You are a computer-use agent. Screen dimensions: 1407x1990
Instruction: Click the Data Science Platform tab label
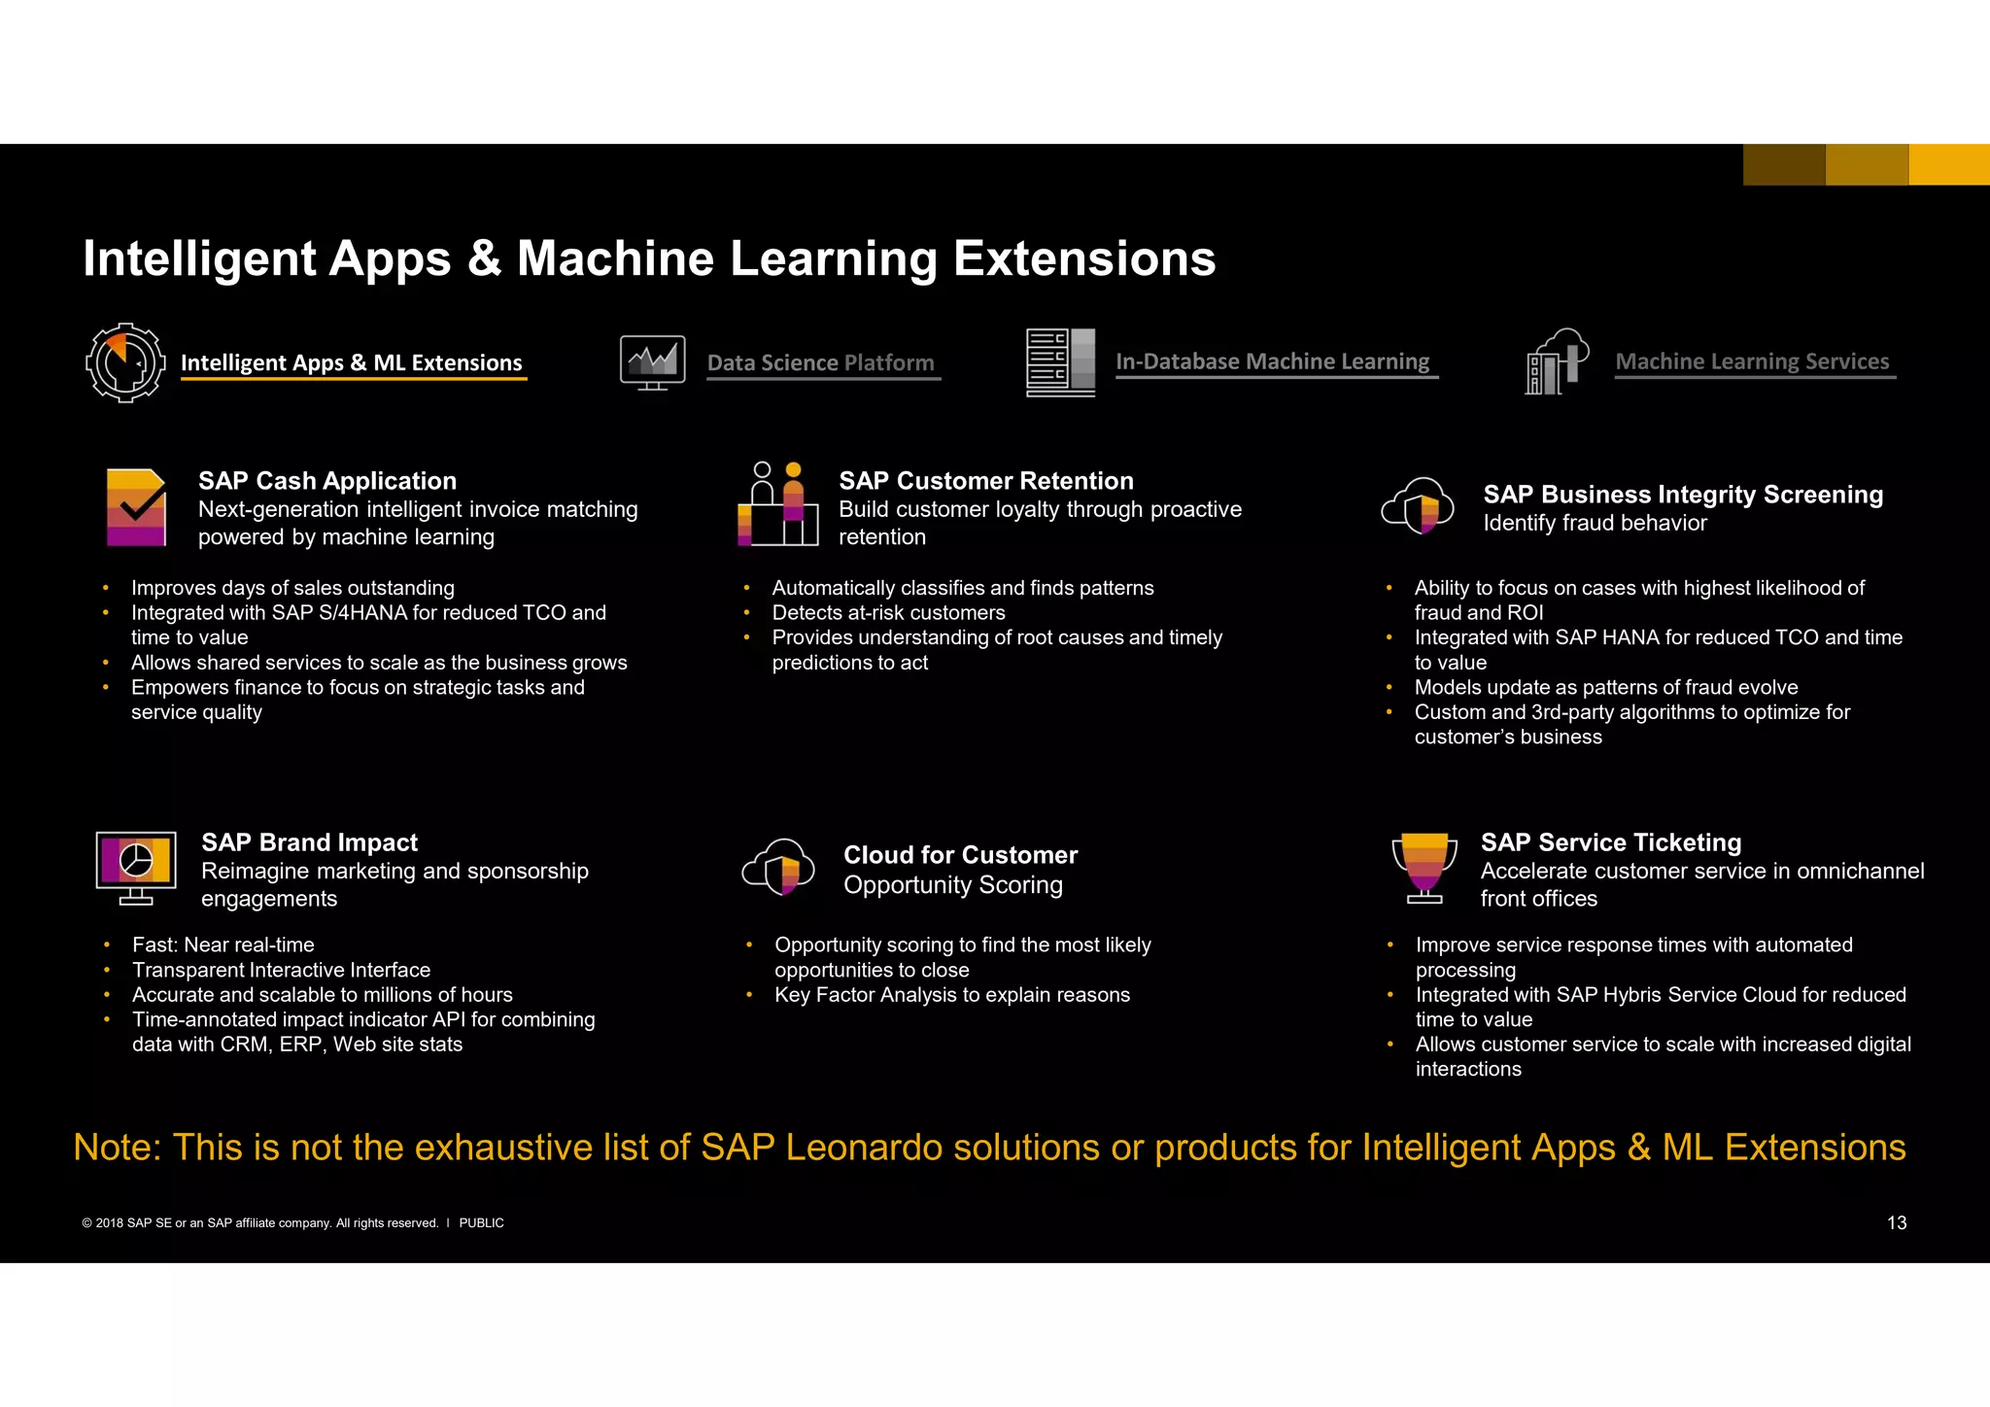(820, 362)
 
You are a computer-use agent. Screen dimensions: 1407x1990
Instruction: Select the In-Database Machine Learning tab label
(1272, 361)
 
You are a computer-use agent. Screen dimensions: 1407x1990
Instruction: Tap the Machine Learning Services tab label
(1752, 361)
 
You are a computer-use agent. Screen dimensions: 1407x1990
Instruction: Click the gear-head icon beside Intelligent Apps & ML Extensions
(125, 362)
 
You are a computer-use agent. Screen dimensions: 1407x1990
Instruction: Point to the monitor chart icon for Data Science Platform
(652, 362)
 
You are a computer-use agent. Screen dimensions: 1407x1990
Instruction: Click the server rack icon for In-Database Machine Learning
(1060, 362)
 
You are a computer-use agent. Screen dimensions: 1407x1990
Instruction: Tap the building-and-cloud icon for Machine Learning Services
(1557, 361)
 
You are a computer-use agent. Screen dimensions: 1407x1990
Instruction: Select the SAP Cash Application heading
(327, 481)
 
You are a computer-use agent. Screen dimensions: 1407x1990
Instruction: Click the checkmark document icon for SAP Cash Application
(136, 507)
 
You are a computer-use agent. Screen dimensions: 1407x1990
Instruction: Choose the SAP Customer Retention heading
(986, 481)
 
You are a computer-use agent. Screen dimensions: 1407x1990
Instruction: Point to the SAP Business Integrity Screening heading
(1683, 495)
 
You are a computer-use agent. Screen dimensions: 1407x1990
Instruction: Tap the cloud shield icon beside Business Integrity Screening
(1418, 505)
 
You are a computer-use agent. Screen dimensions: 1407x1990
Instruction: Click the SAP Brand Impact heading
(309, 842)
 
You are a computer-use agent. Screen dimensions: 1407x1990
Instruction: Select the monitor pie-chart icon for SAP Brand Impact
(136, 867)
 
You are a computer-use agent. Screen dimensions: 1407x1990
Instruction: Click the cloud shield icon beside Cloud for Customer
(778, 867)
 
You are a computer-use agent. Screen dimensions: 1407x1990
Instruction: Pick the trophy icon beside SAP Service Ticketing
(1424, 867)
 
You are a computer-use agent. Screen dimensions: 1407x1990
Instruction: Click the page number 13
(1897, 1223)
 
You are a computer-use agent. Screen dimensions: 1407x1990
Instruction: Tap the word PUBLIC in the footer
(481, 1223)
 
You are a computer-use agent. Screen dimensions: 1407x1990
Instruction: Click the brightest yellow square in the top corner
(1949, 164)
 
